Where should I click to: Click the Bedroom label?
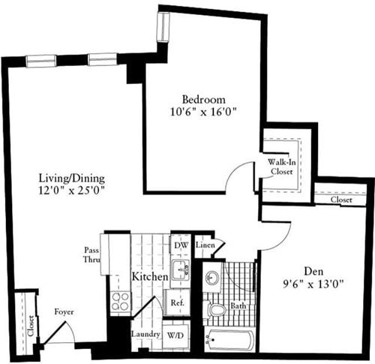pyautogui.click(x=203, y=100)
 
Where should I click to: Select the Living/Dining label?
pyautogui.click(x=72, y=178)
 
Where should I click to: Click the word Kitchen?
pyautogui.click(x=150, y=277)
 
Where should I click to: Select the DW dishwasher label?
pyautogui.click(x=180, y=245)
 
